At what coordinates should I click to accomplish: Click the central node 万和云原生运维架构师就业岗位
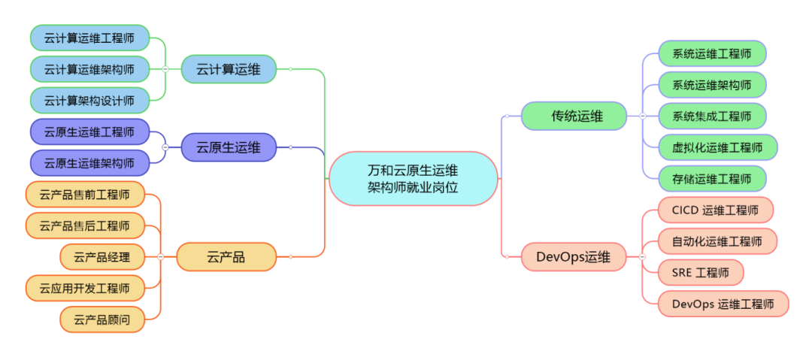(413, 178)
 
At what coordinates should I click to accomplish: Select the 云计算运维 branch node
(229, 70)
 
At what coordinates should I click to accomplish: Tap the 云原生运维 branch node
(229, 147)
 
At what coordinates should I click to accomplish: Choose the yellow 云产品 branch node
(226, 257)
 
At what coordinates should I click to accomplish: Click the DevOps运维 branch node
(574, 257)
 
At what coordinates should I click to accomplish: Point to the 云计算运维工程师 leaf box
(89, 38)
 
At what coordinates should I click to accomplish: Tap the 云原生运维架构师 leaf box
(89, 162)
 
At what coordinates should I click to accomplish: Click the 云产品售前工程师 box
(84, 195)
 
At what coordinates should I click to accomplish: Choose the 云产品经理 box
(101, 257)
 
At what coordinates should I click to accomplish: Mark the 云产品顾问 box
(101, 319)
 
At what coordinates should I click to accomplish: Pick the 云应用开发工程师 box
(84, 288)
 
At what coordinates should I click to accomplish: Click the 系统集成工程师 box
(711, 116)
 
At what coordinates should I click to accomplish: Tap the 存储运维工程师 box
(711, 179)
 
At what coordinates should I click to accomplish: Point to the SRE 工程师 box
(700, 272)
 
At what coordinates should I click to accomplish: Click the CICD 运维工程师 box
(715, 210)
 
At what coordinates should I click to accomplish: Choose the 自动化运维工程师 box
(717, 241)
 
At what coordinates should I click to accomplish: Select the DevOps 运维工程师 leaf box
(723, 304)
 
